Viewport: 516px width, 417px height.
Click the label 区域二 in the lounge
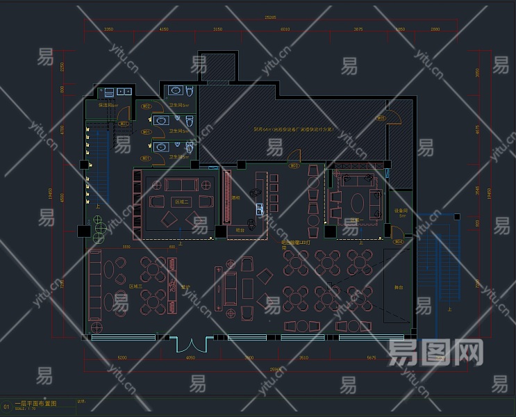click(182, 201)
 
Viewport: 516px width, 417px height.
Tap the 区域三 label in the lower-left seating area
click(135, 286)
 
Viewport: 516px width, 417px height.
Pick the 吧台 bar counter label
click(240, 229)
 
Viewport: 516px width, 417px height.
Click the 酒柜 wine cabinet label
click(236, 197)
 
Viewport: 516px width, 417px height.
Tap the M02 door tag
click(147, 106)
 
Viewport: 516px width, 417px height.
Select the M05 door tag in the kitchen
click(381, 118)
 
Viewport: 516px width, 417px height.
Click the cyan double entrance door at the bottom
click(190, 343)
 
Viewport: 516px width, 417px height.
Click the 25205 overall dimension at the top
click(270, 17)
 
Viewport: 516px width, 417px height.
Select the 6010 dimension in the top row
click(285, 30)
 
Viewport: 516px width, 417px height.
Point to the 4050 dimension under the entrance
click(191, 358)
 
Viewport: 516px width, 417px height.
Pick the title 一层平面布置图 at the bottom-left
click(35, 402)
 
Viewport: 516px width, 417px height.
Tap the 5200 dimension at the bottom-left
click(122, 358)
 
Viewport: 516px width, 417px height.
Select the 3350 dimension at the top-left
click(109, 30)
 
